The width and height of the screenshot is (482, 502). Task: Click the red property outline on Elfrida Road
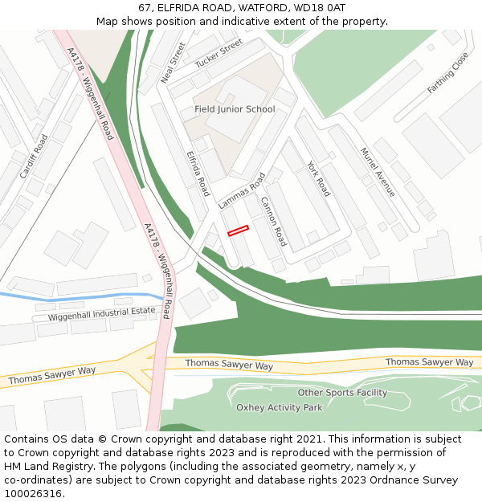coord(238,231)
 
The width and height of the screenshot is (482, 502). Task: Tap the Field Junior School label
coord(235,109)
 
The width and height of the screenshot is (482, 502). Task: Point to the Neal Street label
coord(174,63)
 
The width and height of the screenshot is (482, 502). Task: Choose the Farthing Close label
coord(447,73)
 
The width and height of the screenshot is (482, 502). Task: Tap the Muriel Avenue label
coord(377,172)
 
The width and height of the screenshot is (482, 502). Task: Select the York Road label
coord(318,178)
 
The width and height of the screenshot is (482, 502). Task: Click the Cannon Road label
coord(273,222)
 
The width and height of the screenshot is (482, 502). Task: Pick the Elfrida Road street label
coord(198,173)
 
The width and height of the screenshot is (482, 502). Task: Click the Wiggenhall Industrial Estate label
coord(101,315)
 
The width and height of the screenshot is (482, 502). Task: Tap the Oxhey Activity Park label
coord(279,407)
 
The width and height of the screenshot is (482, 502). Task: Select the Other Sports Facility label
coord(342,393)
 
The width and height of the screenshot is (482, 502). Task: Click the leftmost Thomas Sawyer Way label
coord(52,374)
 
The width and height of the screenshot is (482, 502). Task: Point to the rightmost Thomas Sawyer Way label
coord(429,362)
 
